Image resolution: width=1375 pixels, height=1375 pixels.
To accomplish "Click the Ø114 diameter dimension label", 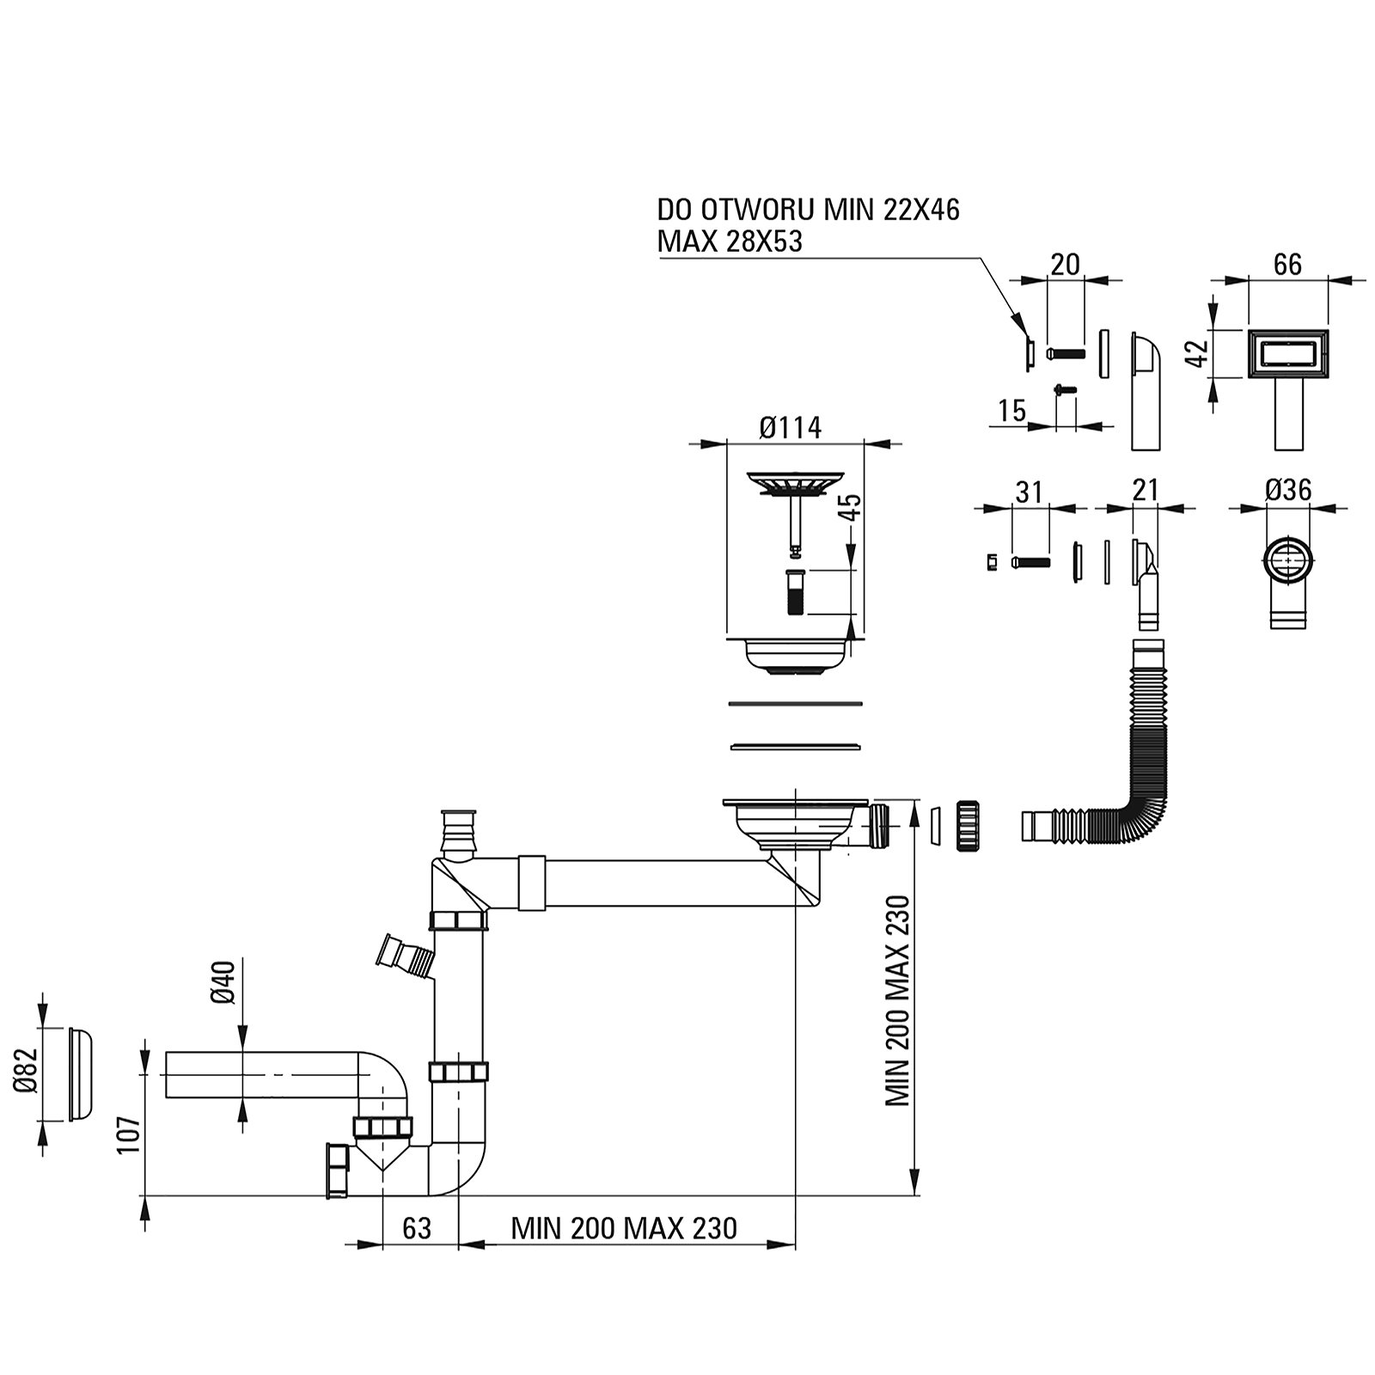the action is coord(790,427).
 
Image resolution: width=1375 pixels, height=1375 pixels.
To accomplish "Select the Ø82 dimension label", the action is coord(27,1072).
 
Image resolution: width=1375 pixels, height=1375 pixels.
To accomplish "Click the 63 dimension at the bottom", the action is coord(416,1228).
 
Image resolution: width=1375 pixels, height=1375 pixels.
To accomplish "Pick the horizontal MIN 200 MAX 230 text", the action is coord(624,1228).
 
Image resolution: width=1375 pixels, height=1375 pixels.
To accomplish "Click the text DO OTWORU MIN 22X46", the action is coord(808,211).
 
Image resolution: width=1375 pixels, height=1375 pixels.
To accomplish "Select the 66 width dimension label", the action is coord(1286,265).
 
